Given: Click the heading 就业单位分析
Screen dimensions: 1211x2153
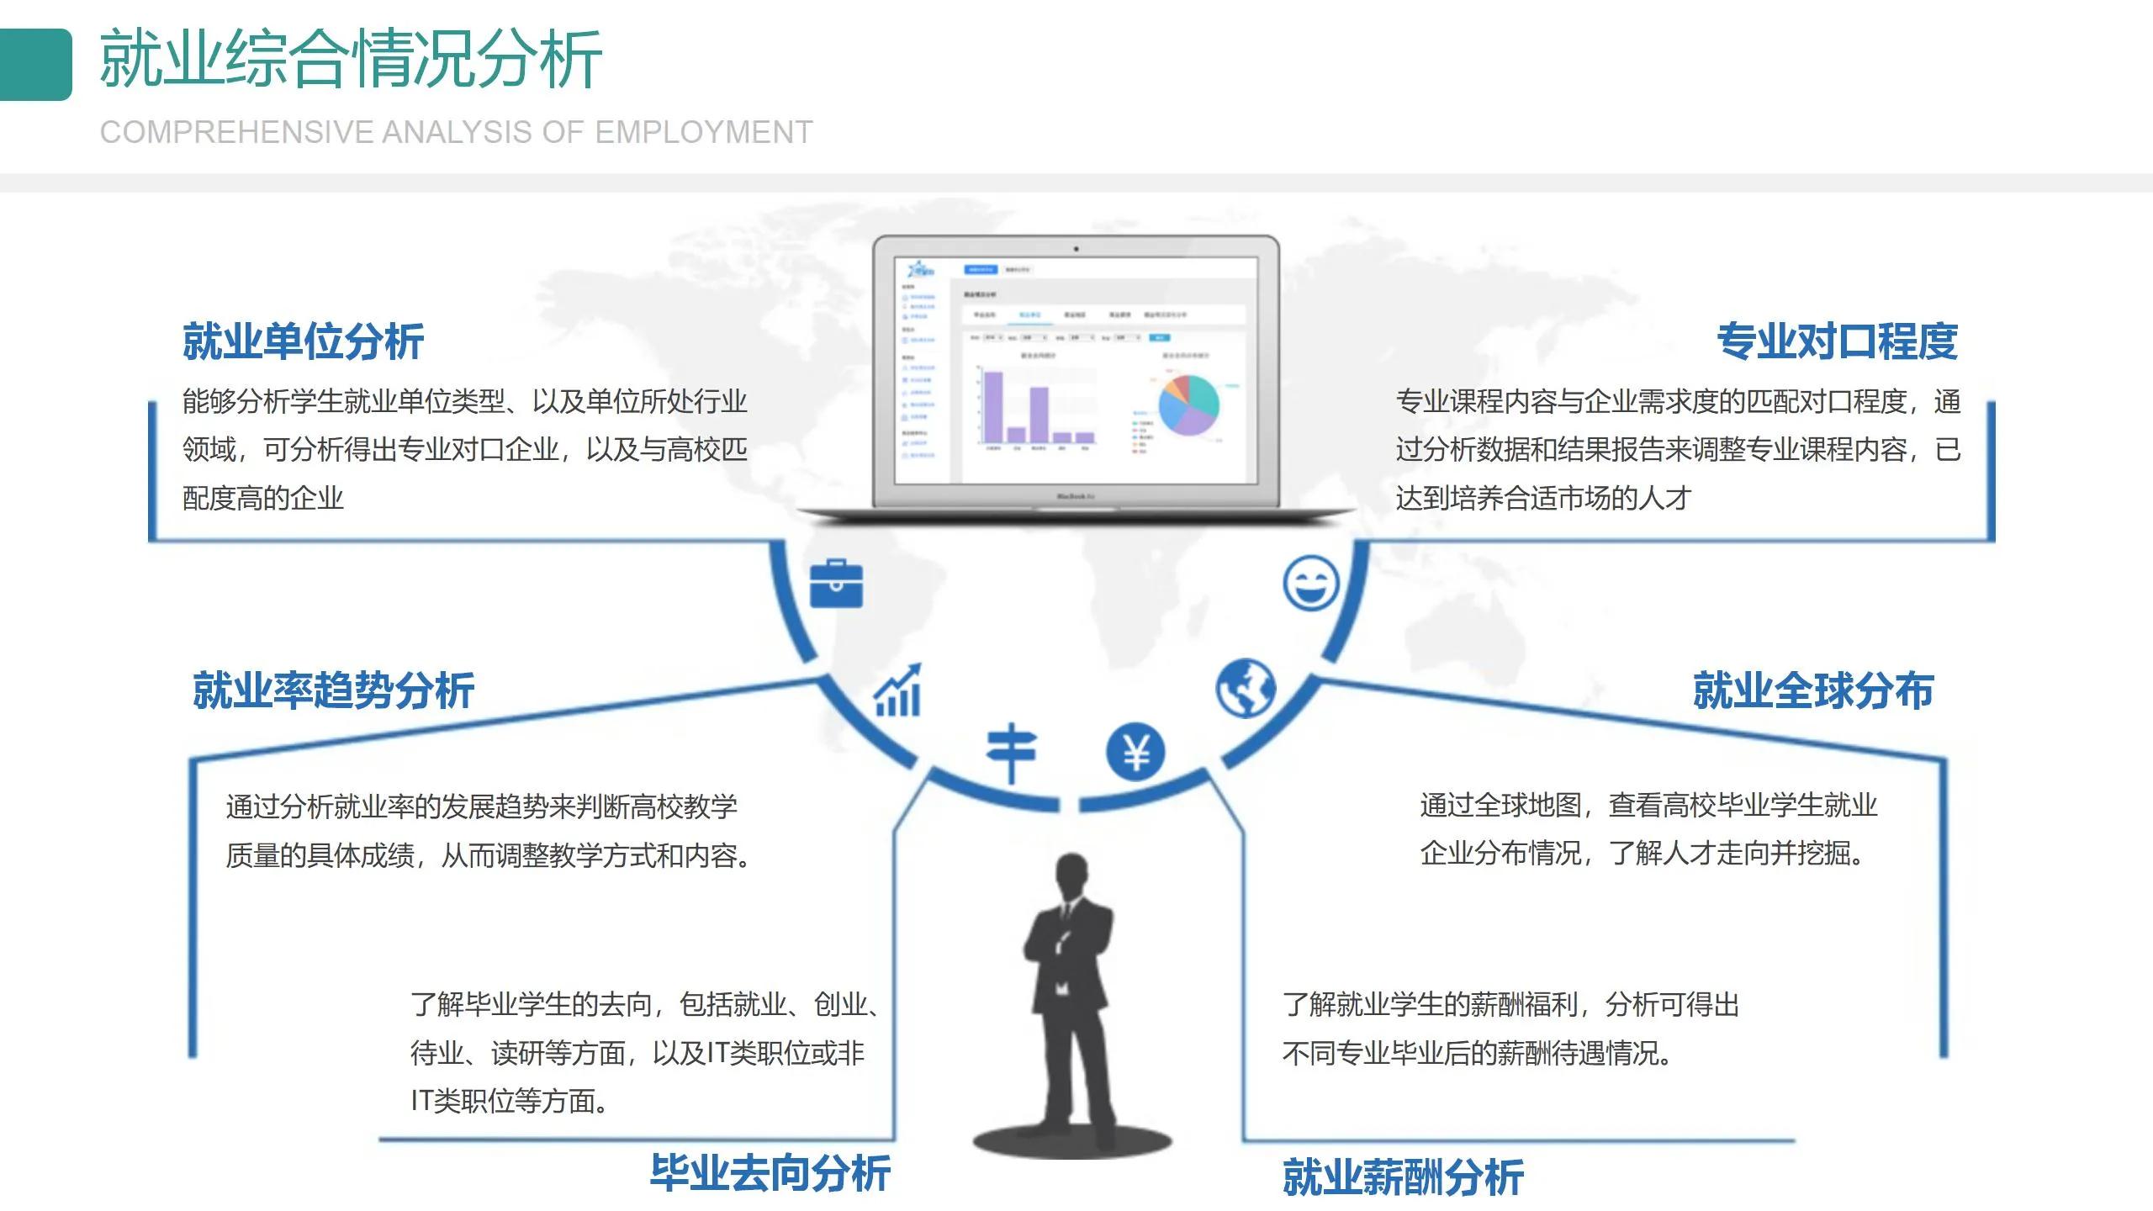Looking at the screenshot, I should coord(303,341).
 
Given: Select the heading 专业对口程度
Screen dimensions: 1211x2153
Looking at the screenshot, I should coord(1837,341).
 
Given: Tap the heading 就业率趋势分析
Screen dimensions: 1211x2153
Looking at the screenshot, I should coord(333,690).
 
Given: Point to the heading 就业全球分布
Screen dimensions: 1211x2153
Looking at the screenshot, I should coord(1813,690).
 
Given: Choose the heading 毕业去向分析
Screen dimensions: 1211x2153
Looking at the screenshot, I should coord(770,1173).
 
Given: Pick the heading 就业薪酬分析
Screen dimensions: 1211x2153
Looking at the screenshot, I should coord(1403,1177).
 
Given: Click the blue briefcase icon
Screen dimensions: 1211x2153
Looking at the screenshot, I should coord(836,584).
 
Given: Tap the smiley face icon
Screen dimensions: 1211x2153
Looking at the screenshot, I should coord(1310,582).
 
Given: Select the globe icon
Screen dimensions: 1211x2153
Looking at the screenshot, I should coord(1245,688).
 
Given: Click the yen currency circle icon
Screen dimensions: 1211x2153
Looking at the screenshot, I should coord(1135,751).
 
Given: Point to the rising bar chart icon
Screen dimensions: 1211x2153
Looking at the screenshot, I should coord(898,691).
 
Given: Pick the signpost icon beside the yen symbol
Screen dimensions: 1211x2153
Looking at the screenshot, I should coord(1012,751).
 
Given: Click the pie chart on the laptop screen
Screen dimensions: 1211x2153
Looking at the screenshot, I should coord(1188,405).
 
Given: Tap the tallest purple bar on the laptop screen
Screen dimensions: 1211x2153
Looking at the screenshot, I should coord(993,406).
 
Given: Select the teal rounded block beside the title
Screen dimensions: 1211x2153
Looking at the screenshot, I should coord(36,65).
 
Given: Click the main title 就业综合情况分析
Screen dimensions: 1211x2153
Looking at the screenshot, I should coord(350,59).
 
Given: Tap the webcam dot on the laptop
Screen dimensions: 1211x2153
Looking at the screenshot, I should coord(1076,249).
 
